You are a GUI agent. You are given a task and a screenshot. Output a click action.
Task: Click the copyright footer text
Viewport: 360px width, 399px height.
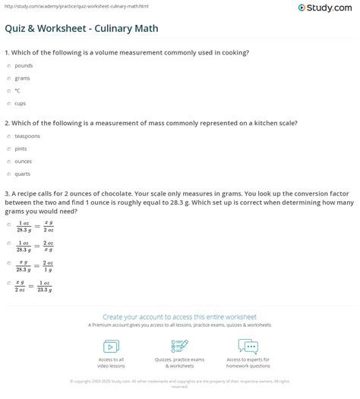(179, 383)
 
